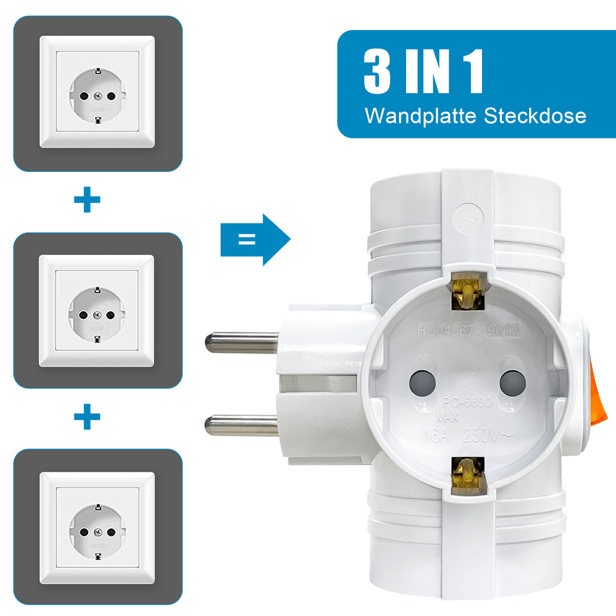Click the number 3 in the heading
(x=377, y=71)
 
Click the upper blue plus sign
(x=87, y=201)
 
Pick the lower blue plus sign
(x=87, y=418)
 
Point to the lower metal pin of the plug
(x=241, y=423)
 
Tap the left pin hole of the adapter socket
(x=422, y=383)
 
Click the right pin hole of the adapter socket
(x=512, y=383)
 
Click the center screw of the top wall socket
(x=98, y=96)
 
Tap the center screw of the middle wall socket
(x=98, y=314)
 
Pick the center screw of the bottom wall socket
(x=98, y=532)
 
